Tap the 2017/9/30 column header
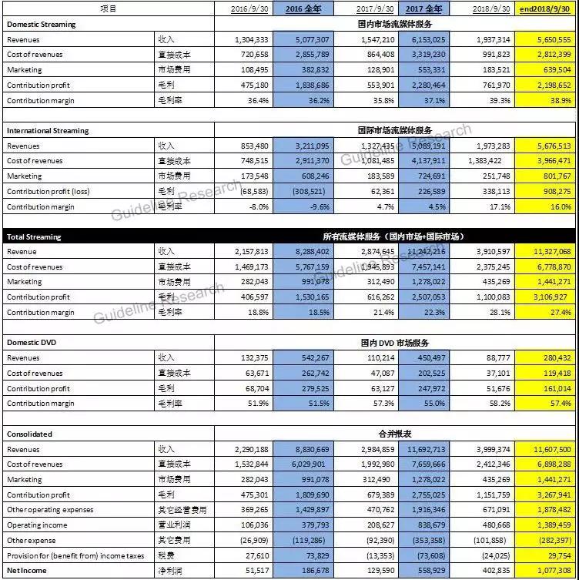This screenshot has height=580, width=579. pos(376,9)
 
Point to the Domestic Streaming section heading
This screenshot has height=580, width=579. pos(42,25)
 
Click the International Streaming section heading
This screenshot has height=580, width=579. pos(48,131)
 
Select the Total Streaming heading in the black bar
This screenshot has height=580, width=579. pos(34,236)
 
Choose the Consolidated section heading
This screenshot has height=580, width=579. pos(30,434)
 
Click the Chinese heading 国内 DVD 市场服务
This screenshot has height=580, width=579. pos(393,342)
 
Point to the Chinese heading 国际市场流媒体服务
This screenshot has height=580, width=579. pos(393,131)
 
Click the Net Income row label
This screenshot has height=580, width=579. pos(28,571)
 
